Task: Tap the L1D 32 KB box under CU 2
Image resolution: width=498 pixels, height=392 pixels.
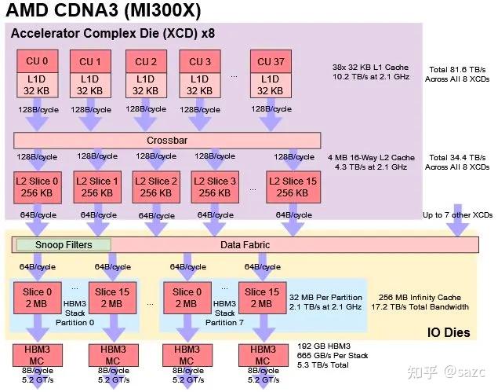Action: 146,84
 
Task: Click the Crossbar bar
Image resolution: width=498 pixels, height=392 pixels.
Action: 167,140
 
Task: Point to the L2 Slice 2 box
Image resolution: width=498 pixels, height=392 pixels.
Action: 155,187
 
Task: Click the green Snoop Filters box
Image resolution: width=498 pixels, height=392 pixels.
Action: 64,245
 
